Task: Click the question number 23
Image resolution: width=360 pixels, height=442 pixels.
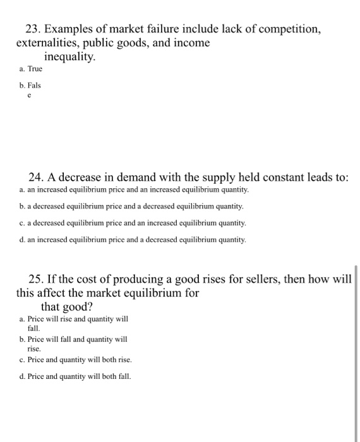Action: click(x=33, y=29)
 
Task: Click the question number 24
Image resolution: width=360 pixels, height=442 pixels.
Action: click(x=38, y=177)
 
